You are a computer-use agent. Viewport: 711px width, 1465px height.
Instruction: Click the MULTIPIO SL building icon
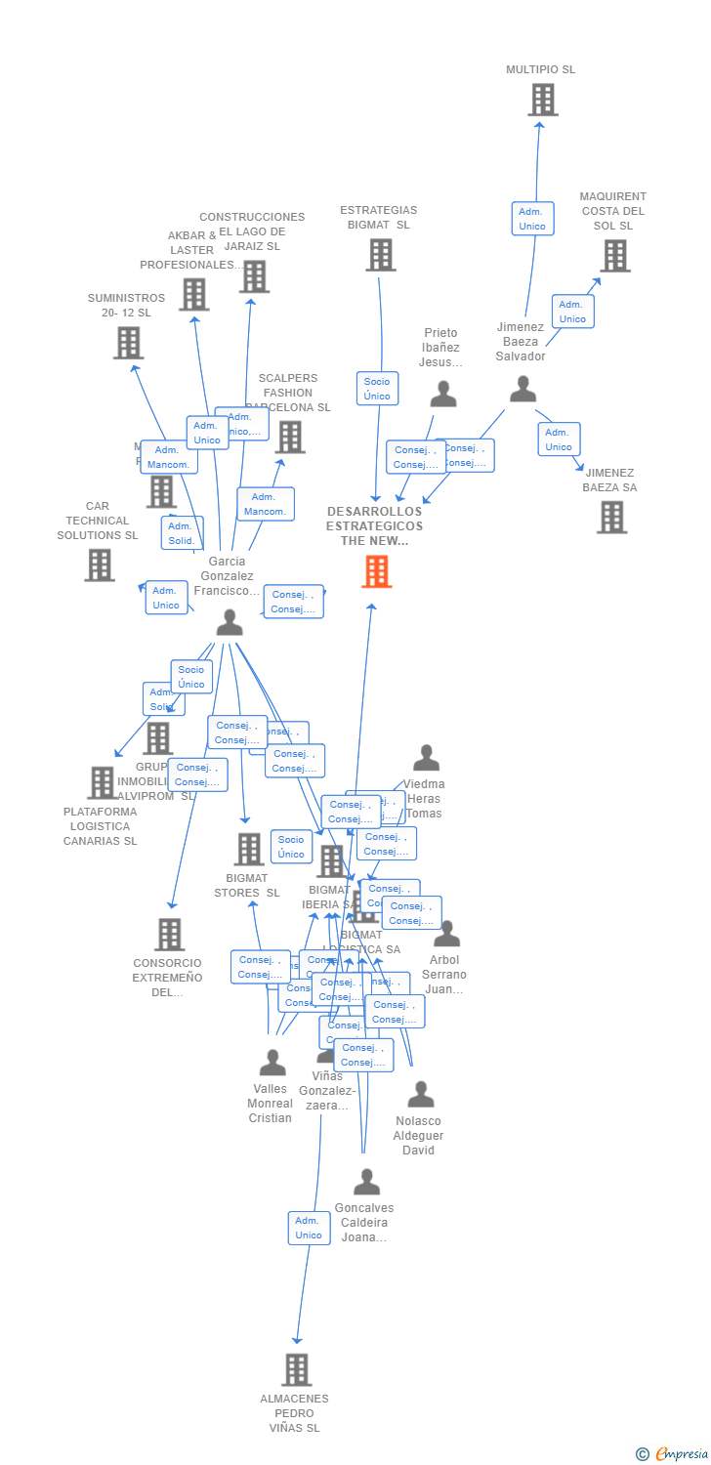[x=543, y=100]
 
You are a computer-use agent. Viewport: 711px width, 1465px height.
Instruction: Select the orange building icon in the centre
[x=377, y=571]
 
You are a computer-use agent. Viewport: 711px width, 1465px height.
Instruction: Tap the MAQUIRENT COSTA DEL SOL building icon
[x=614, y=256]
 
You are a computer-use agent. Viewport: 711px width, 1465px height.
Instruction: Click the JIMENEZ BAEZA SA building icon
[x=611, y=517]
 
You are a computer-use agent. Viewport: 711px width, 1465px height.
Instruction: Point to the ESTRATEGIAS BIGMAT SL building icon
[x=380, y=255]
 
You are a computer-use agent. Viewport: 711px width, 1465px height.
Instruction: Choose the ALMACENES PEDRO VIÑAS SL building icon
[x=297, y=1369]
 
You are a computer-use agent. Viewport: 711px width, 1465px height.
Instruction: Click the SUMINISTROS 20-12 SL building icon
[x=128, y=343]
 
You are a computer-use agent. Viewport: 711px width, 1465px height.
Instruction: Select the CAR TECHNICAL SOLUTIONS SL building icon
[x=99, y=565]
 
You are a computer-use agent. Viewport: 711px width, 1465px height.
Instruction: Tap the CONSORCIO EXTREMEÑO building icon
[x=170, y=935]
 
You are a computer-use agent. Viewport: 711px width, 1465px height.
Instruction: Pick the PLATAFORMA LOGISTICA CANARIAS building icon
[x=102, y=782]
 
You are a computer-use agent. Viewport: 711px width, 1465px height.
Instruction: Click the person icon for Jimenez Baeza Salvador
[x=523, y=390]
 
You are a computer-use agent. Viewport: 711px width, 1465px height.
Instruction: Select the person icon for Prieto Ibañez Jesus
[x=443, y=395]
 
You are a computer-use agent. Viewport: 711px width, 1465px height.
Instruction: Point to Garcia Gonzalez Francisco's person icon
[x=230, y=622]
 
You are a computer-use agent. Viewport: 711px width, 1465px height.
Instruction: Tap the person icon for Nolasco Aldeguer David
[x=421, y=1094]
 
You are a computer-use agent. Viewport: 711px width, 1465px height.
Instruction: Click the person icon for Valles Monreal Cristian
[x=272, y=1062]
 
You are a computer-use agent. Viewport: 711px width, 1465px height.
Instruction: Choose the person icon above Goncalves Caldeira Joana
[x=366, y=1182]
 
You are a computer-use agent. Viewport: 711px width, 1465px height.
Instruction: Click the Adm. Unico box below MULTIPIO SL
[x=532, y=219]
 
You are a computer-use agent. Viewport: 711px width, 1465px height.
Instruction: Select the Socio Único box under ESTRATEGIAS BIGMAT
[x=377, y=389]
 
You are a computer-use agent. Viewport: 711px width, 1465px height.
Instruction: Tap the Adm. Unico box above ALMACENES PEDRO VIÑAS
[x=309, y=1228]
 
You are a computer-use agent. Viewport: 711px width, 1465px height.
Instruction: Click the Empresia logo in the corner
[x=673, y=1454]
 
